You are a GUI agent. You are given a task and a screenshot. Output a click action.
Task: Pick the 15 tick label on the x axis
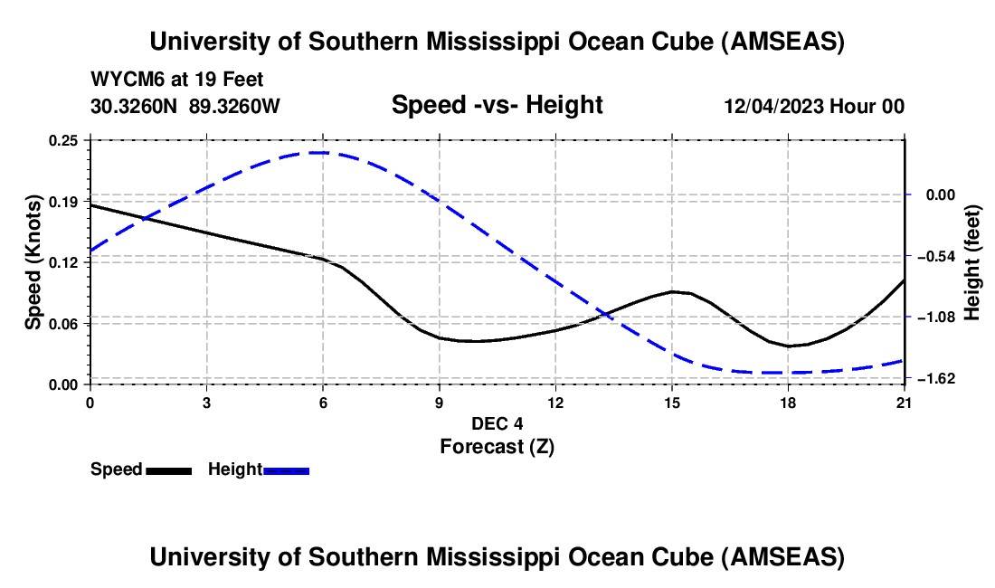(x=671, y=403)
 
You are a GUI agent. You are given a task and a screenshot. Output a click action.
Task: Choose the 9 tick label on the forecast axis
(x=439, y=403)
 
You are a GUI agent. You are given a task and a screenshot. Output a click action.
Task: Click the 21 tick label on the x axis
(x=904, y=403)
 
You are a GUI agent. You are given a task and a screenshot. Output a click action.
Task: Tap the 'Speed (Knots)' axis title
(x=33, y=261)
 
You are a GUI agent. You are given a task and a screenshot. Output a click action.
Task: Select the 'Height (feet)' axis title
(x=972, y=262)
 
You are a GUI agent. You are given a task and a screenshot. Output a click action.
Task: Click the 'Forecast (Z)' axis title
(x=497, y=445)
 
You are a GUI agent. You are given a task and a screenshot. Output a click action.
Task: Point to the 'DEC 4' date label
(x=497, y=423)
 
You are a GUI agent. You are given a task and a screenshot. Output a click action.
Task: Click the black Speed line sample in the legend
(x=168, y=469)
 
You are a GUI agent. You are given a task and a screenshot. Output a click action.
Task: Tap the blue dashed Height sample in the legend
(x=287, y=469)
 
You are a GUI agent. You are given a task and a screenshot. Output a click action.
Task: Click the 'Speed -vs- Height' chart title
(x=497, y=106)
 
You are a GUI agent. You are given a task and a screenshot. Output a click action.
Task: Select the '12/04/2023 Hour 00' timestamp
(x=813, y=107)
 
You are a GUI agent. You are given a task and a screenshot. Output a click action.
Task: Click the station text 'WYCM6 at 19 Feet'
(x=177, y=81)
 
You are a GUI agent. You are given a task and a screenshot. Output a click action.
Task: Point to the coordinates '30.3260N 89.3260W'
(x=185, y=107)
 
